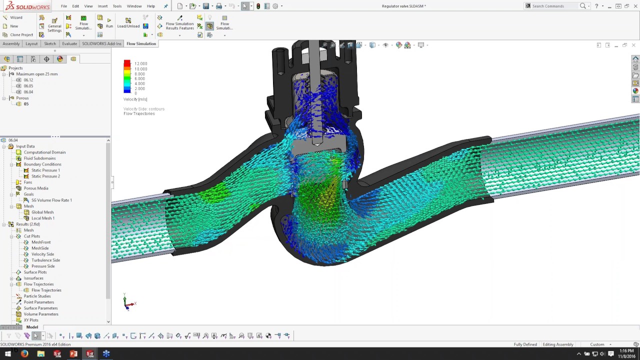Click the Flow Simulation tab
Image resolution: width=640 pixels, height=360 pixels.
coord(141,43)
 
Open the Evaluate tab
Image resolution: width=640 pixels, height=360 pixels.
coord(69,43)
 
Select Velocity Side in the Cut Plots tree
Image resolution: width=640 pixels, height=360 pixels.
coord(42,254)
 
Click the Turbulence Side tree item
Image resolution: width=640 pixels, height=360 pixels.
coord(45,260)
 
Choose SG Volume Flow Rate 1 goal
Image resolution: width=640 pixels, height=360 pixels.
coord(51,200)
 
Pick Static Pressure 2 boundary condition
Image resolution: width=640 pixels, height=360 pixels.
coord(45,176)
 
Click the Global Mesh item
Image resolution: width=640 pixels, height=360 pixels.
coord(42,212)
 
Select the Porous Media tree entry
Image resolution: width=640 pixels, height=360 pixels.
coord(36,188)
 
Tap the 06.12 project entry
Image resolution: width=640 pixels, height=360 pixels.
coord(28,80)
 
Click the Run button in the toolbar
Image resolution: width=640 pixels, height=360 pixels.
coord(109,23)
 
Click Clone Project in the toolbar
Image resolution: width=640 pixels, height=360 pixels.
coord(21,35)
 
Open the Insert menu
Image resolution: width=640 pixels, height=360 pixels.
coord(102,6)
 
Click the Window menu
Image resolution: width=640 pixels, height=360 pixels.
coord(134,6)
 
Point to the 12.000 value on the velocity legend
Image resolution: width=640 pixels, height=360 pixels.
coord(140,64)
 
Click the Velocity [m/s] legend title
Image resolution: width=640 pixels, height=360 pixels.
coord(135,99)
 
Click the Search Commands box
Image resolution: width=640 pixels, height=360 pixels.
coord(554,6)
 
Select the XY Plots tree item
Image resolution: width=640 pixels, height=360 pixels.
coord(31,320)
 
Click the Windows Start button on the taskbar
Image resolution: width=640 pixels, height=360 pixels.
coord(8,354)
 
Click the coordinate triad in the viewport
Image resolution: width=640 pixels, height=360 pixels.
coord(128,302)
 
